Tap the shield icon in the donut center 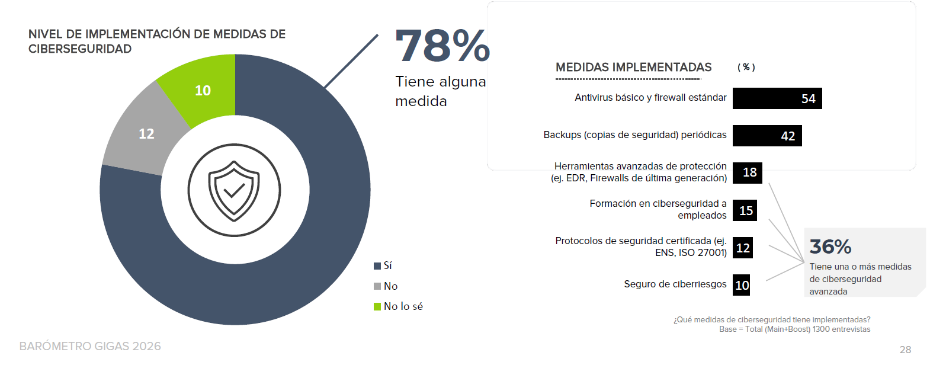235,190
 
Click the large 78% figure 442,46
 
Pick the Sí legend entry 383,265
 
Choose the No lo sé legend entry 398,306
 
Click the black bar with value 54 777,98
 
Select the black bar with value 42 767,136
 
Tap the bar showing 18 748,172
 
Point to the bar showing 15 745,210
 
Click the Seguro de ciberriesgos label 675,284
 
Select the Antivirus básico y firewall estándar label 650,98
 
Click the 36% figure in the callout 830,246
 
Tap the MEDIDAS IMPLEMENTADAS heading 633,68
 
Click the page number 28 905,350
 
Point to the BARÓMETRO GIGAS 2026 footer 90,346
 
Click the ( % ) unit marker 746,68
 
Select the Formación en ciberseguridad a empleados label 658,209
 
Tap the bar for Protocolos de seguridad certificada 743,248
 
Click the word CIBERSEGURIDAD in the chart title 80,49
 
